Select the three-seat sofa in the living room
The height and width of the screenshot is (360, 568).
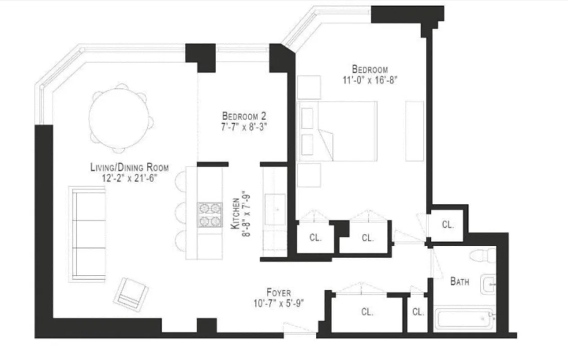89,234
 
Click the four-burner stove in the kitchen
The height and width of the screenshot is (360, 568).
210,214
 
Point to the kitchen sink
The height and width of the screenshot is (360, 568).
275,209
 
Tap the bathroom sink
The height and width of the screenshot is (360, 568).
487,284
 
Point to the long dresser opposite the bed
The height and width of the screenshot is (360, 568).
414,131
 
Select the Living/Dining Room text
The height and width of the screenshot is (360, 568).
130,168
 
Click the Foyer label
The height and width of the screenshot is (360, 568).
278,293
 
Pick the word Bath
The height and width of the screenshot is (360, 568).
460,282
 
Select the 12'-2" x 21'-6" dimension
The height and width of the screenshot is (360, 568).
130,178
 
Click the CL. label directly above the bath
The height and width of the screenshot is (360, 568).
447,225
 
